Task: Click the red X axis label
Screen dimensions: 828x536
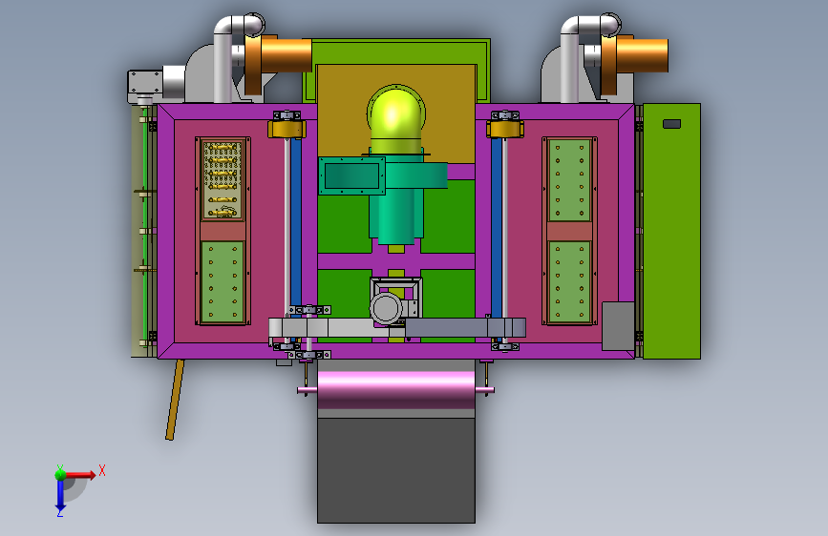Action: (x=102, y=470)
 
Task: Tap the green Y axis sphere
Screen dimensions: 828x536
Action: (x=60, y=474)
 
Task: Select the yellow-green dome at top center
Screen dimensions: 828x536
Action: (x=396, y=113)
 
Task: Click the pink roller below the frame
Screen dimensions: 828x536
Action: (x=396, y=390)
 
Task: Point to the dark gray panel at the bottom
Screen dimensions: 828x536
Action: (x=396, y=469)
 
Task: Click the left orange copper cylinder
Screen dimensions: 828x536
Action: (x=278, y=55)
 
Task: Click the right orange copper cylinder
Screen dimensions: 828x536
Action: (x=634, y=55)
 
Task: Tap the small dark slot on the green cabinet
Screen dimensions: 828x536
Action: (x=671, y=124)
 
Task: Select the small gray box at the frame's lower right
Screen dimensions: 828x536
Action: (x=618, y=326)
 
